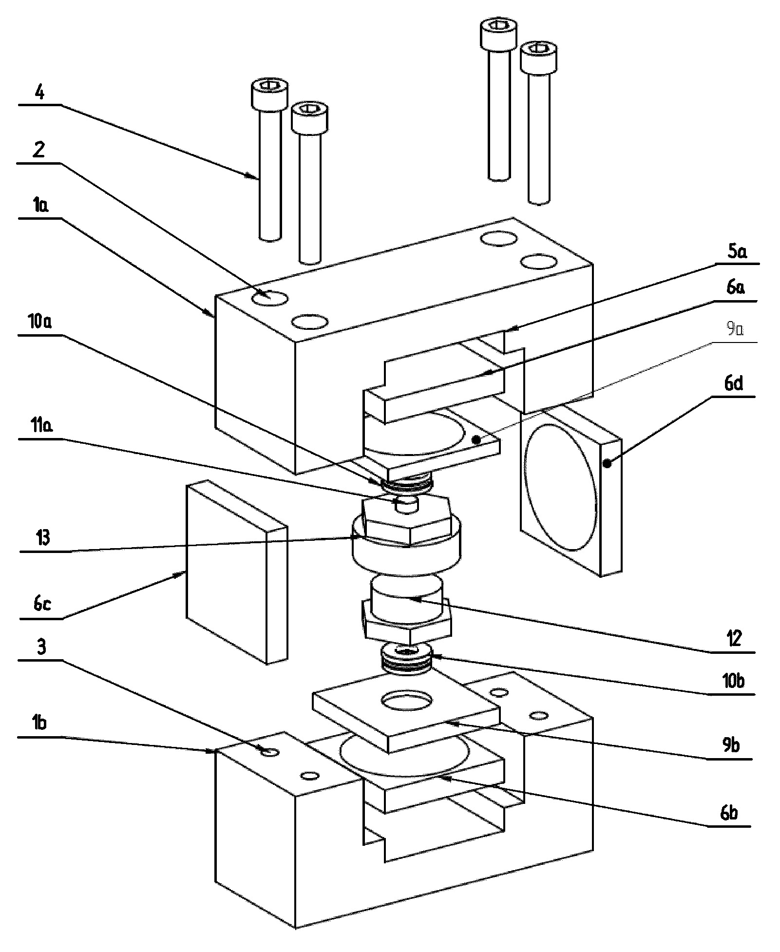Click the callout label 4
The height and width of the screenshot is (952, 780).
point(41,92)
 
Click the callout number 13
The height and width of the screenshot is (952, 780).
point(43,538)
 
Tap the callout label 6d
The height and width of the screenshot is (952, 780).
point(734,383)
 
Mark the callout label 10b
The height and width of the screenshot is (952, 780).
point(733,680)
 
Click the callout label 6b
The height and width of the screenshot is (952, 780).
point(729,813)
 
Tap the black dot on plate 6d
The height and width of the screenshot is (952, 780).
point(608,464)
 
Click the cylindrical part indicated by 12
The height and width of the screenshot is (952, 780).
point(407,599)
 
